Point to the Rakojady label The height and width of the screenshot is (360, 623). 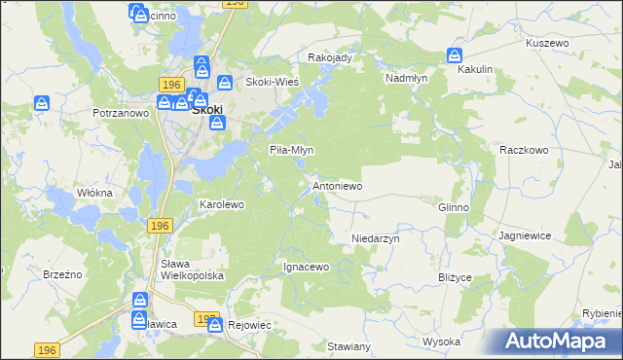[x=329, y=57]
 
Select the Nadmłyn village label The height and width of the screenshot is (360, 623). [x=408, y=77]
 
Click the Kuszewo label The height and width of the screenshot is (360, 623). [x=546, y=44]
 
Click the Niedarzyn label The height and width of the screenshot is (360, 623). [x=376, y=237]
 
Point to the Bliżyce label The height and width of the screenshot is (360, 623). [x=455, y=277]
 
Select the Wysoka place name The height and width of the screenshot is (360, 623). [x=441, y=342]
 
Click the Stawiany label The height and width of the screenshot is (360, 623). [x=349, y=346]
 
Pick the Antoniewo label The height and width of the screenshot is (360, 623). [x=337, y=185]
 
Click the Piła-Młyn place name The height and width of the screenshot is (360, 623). [x=290, y=150]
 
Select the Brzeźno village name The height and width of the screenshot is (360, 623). [x=62, y=275]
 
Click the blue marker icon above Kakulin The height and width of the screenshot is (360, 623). [x=456, y=56]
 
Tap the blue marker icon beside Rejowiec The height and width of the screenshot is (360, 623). [x=215, y=326]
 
